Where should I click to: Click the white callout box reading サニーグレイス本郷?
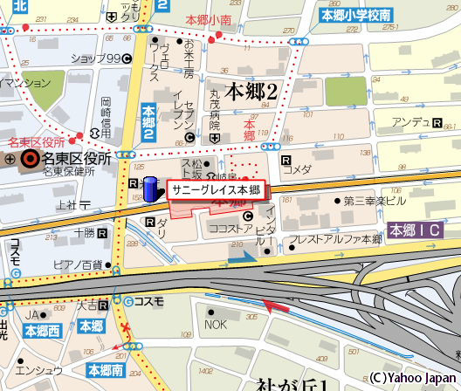216,190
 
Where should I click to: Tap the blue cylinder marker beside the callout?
151,189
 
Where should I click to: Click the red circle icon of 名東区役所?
31,159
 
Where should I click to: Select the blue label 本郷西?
43,332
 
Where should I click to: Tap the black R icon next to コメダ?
286,160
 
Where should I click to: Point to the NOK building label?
215,325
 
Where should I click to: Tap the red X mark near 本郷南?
127,327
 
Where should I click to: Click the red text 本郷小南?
208,18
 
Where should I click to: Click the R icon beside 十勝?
103,234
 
